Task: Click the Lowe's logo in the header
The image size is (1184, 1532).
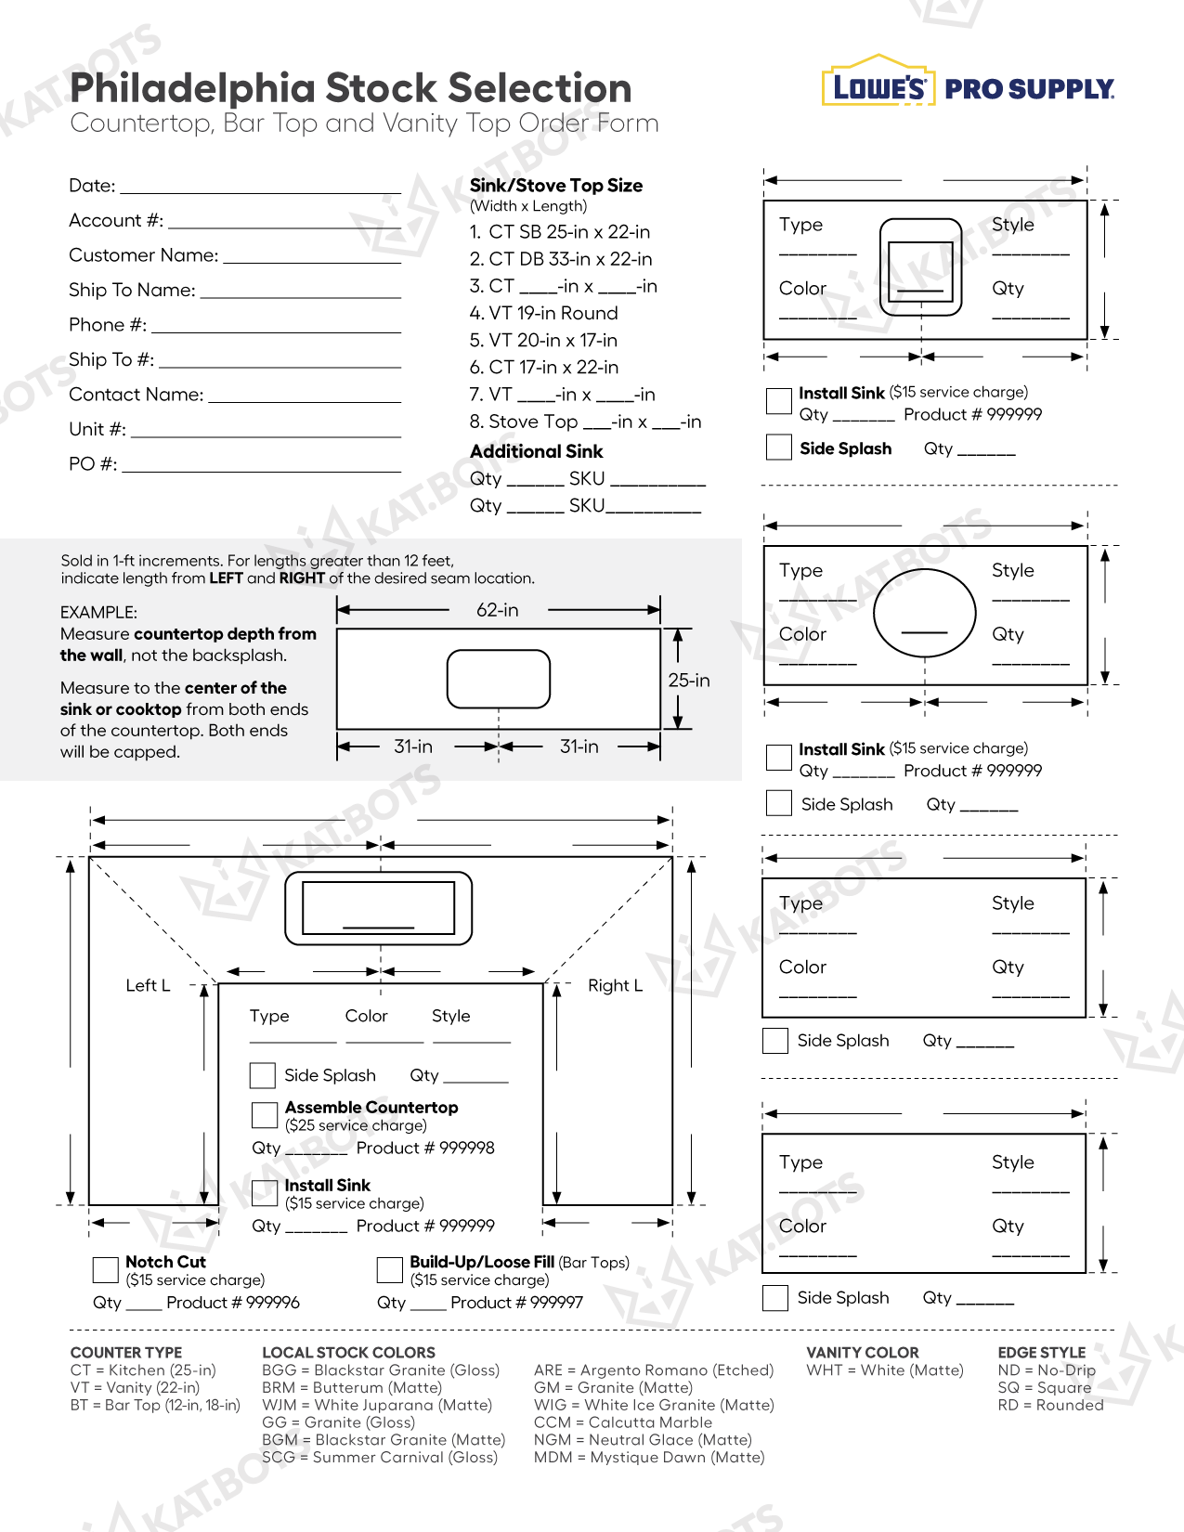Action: coord(876,86)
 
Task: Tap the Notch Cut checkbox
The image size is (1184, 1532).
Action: coord(106,1269)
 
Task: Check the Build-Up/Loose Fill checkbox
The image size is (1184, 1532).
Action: coord(390,1269)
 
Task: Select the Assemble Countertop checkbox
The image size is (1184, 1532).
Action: coord(266,1115)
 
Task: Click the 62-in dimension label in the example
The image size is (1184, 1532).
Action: coord(498,610)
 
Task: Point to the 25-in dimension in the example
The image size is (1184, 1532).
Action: coord(689,681)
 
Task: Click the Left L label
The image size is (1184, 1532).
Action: coord(148,986)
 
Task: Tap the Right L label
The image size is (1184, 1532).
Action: coord(615,986)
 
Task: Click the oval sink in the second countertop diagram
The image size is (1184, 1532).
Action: coord(925,612)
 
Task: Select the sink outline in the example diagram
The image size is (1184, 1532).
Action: coord(499,679)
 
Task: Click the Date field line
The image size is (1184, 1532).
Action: coord(260,190)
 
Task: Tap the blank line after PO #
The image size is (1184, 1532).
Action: coord(261,469)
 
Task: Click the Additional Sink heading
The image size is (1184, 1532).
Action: coord(537,452)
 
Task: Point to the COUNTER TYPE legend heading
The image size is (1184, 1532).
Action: coord(126,1353)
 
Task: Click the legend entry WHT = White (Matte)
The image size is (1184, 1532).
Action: coord(885,1370)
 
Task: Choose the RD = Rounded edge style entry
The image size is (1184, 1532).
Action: coord(1050,1406)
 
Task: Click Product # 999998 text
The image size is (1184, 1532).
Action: coord(425,1149)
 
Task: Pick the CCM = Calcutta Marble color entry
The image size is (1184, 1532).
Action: coord(623,1422)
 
